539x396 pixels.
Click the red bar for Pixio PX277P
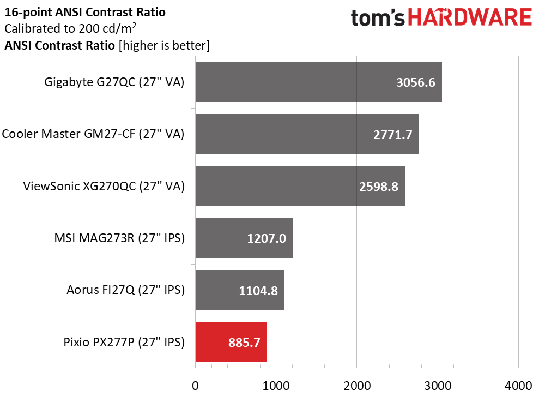tap(231, 343)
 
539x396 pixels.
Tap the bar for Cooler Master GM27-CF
tap(307, 134)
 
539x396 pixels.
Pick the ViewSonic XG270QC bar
tap(300, 187)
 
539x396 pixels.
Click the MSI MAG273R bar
tap(244, 238)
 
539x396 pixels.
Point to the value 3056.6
tap(416, 83)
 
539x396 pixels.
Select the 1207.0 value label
tap(266, 238)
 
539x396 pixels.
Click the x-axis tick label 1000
tap(276, 385)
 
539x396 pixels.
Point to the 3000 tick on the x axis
tap(437, 385)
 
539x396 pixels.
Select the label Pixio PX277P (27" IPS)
tap(124, 343)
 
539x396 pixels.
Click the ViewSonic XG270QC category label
tap(104, 187)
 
